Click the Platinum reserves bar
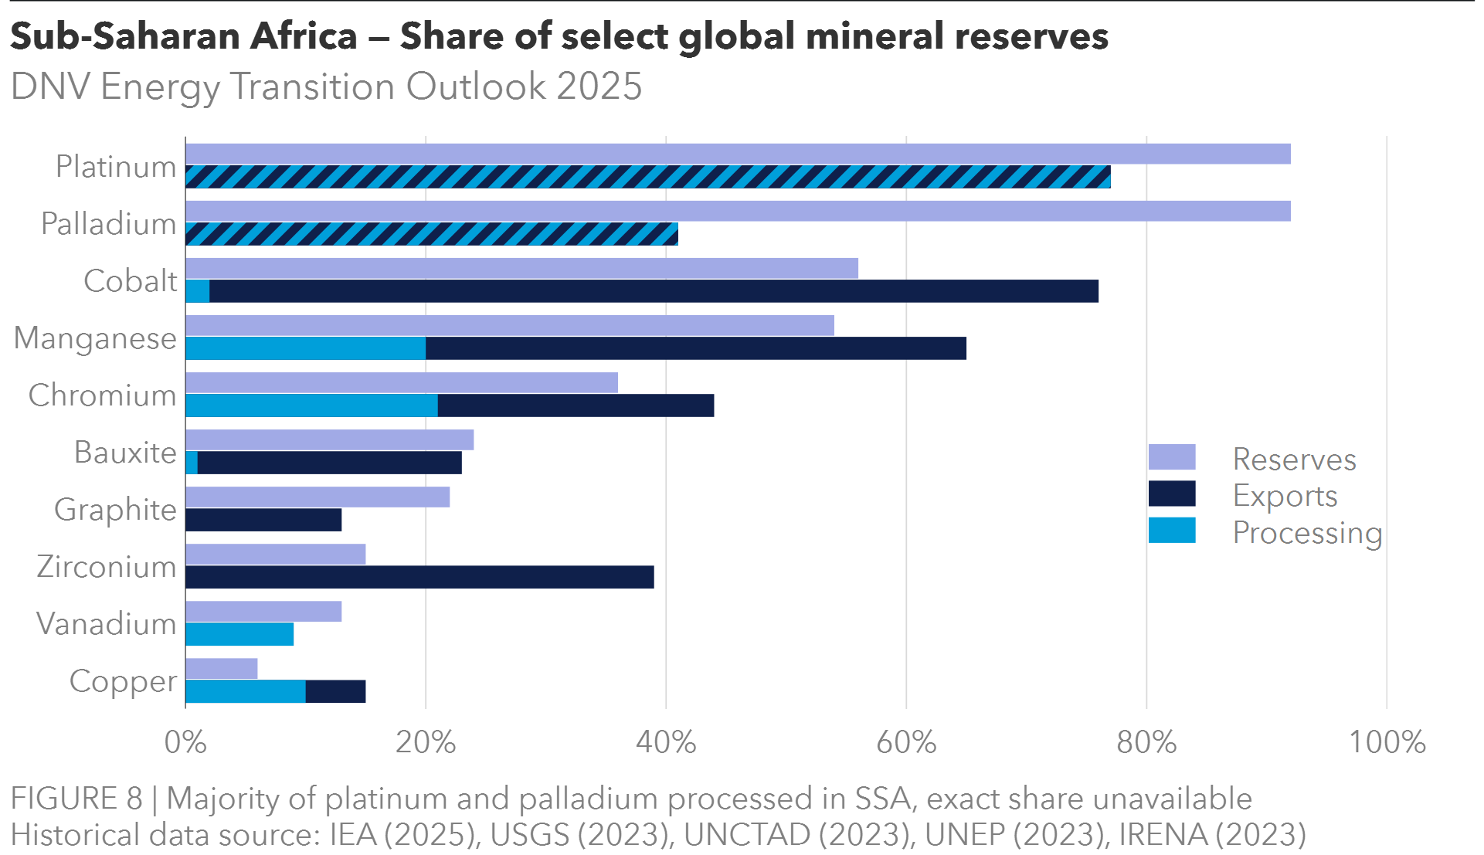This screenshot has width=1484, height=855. [x=738, y=154]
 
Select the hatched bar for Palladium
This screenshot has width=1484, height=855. [x=431, y=234]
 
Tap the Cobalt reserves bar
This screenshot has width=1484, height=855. [x=521, y=268]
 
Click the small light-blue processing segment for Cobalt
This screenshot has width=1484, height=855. [x=198, y=291]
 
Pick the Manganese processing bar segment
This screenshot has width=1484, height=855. [x=305, y=348]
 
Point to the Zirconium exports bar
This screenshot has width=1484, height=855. [x=419, y=577]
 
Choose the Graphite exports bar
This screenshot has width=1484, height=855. [x=263, y=520]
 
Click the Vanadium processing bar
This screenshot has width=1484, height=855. [x=239, y=634]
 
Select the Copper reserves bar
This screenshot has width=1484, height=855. [x=222, y=668]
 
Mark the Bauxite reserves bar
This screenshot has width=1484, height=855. [x=330, y=439]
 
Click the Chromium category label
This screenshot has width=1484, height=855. [x=103, y=395]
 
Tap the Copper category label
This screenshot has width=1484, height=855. [x=123, y=681]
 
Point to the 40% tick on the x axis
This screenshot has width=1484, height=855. [x=666, y=742]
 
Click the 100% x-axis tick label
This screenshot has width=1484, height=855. [x=1387, y=742]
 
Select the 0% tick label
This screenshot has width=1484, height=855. [x=185, y=742]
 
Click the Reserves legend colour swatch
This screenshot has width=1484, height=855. [x=1172, y=457]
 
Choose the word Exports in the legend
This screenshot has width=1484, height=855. [x=1285, y=496]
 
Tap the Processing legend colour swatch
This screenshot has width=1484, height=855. [x=1172, y=531]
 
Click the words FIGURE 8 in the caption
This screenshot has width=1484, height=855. [x=76, y=799]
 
